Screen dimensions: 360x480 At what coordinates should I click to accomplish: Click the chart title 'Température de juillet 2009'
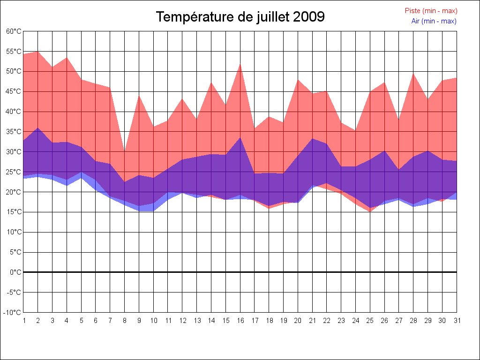(240, 17)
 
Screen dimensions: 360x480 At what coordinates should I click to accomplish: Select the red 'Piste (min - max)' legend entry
(431, 11)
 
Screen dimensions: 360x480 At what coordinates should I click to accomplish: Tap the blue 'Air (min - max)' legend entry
(434, 21)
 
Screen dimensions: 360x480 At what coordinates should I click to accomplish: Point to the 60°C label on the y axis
(14, 31)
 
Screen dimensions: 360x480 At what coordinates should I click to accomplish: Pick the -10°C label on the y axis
(13, 312)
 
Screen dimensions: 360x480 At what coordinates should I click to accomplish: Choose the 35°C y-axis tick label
(14, 132)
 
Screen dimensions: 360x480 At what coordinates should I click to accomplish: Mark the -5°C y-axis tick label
(14, 292)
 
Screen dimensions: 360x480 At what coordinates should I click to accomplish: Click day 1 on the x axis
(24, 321)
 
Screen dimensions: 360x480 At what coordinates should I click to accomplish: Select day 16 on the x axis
(240, 321)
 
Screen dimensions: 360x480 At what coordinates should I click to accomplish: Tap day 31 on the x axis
(456, 321)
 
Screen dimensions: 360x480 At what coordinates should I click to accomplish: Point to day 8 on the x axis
(125, 321)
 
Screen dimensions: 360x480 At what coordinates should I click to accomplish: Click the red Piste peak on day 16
(240, 64)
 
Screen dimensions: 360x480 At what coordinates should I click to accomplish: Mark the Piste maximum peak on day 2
(38, 51)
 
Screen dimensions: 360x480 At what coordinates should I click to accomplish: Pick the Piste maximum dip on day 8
(125, 151)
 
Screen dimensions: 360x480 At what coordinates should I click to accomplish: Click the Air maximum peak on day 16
(240, 138)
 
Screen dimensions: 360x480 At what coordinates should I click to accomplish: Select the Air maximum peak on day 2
(38, 128)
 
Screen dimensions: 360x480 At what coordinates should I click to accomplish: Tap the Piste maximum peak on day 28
(413, 73)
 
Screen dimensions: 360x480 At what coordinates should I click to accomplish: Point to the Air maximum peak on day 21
(312, 139)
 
